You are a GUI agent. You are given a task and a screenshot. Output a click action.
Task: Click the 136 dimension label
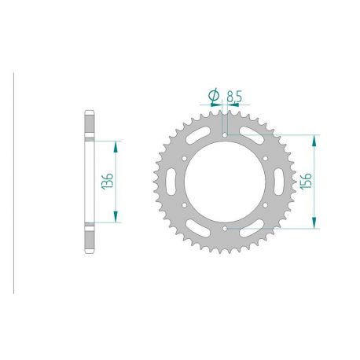107,181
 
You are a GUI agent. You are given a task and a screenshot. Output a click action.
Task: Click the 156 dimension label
307,181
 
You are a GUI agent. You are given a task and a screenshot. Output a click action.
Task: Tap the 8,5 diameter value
234,97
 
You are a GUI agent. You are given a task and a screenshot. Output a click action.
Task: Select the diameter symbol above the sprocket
214,95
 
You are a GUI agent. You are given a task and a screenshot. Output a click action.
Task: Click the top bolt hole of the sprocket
225,135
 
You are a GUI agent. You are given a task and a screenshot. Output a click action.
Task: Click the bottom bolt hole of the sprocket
225,229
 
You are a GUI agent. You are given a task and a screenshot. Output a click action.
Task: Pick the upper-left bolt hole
184,159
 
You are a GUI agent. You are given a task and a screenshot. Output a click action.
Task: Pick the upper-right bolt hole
265,159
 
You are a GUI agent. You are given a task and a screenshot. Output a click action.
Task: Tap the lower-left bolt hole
184,205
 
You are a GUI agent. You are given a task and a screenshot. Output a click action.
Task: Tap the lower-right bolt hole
265,205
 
